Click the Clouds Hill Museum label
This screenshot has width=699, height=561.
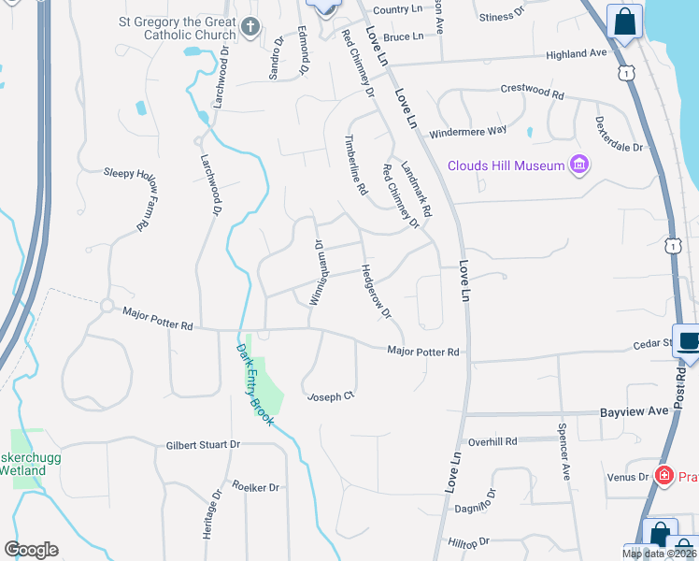pos(506,165)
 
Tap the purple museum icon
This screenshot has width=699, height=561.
pos(580,165)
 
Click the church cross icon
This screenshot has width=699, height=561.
pos(250,27)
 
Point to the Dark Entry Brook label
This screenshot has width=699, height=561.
pos(255,384)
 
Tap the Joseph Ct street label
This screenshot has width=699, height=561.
pos(332,396)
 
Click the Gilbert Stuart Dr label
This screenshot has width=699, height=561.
pos(204,445)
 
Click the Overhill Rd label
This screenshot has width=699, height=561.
pos(492,441)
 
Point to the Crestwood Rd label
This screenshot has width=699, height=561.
pos(533,94)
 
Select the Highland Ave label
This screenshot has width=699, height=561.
pos(577,54)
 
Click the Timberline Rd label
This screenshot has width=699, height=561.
pos(355,164)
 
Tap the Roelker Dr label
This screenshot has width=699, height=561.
pos(255,487)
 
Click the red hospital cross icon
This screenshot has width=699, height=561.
pos(664,475)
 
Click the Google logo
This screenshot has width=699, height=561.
pos(32,550)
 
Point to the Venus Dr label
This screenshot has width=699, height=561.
pos(628,477)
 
